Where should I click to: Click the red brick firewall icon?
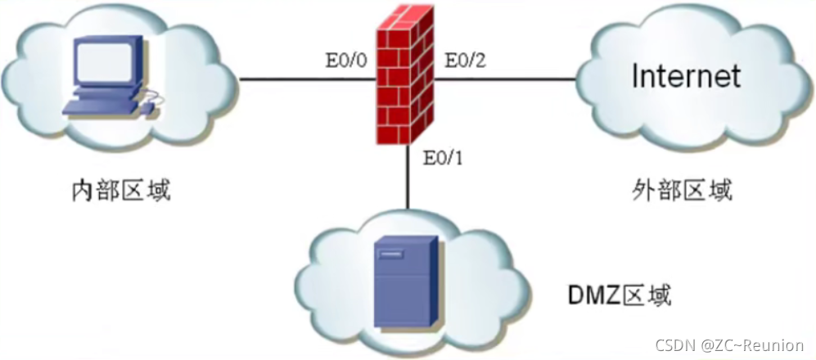tap(406, 78)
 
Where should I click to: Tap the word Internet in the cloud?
tap(686, 76)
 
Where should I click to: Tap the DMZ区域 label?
tap(620, 293)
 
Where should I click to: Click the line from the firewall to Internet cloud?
tap(507, 79)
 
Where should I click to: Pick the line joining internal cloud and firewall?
tap(307, 79)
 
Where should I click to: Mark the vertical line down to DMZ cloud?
tap(407, 184)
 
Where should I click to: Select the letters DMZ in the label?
tap(590, 293)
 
